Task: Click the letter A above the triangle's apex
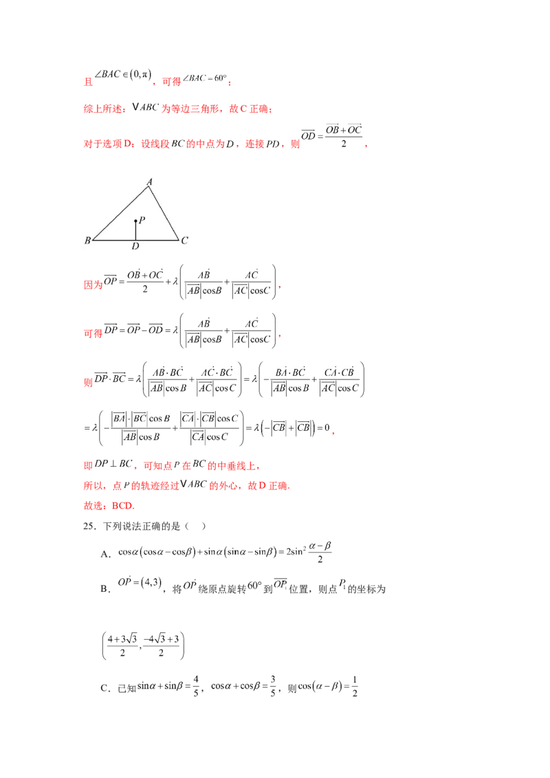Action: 149,182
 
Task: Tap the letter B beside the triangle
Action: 87,241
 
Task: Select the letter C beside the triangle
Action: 184,241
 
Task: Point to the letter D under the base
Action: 135,246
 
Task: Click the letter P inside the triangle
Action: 142,220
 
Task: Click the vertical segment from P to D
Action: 135,232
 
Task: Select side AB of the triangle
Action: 121,214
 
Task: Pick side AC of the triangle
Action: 164,213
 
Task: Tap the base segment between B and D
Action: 114,241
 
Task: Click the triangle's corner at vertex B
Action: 93,241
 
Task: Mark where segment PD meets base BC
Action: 135,241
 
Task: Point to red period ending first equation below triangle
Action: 278,289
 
